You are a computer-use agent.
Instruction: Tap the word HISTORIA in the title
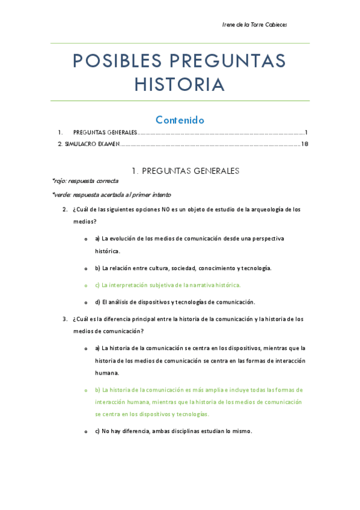click(180, 85)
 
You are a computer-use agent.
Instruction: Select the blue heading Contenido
click(180, 120)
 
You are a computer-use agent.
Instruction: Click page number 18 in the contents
click(304, 144)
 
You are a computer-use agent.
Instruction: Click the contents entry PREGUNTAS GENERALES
click(105, 132)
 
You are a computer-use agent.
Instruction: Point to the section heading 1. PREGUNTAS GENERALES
click(180, 171)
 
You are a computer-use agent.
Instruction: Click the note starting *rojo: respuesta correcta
click(85, 180)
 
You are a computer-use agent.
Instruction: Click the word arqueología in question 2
click(262, 209)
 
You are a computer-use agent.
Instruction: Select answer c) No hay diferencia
click(174, 431)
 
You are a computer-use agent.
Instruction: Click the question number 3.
click(65, 319)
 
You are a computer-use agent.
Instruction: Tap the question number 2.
click(65, 209)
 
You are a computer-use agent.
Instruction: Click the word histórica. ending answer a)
click(108, 251)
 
